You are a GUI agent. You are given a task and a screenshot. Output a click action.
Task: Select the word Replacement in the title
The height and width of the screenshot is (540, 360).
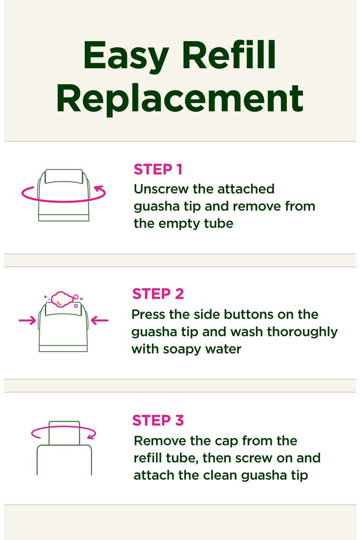pyautogui.click(x=180, y=98)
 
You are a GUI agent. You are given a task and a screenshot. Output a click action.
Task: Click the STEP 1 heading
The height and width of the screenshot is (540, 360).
pyautogui.click(x=158, y=169)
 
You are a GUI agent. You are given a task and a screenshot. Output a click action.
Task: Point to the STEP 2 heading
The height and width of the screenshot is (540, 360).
pyautogui.click(x=158, y=294)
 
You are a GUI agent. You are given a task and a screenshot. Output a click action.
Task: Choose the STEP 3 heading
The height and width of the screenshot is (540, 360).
pyautogui.click(x=158, y=420)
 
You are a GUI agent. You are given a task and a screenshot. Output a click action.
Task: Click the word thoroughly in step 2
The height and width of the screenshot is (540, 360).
pyautogui.click(x=302, y=332)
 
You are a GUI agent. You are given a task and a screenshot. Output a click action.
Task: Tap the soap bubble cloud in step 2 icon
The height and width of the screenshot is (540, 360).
pyautogui.click(x=62, y=299)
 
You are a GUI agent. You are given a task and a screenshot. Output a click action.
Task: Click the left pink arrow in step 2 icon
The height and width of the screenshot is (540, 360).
pyautogui.click(x=27, y=321)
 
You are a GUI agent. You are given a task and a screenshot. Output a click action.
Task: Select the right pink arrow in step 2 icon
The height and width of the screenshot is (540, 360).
pyautogui.click(x=100, y=321)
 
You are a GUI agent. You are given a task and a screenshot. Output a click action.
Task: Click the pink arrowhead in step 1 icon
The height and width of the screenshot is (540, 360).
pyautogui.click(x=99, y=189)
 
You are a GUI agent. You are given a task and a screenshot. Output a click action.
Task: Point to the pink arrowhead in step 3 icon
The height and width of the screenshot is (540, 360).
pyautogui.click(x=91, y=436)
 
